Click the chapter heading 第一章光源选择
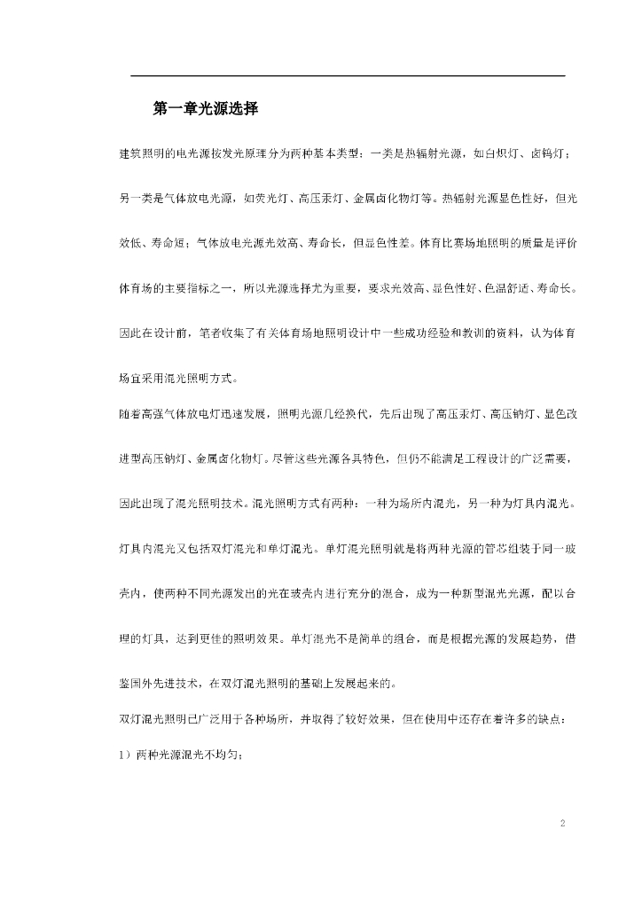[x=205, y=109]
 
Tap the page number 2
[x=562, y=824]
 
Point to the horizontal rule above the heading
[x=348, y=76]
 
